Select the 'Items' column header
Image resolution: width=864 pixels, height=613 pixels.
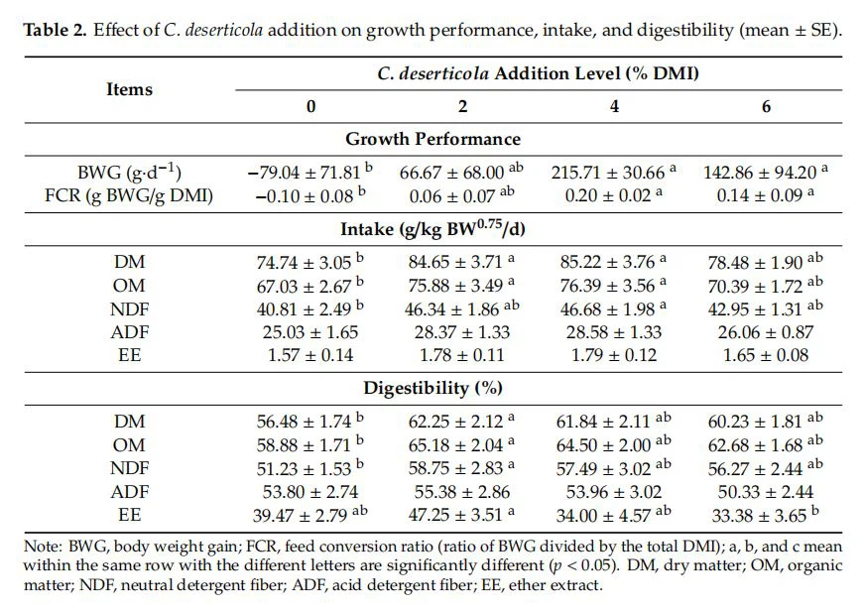[129, 89]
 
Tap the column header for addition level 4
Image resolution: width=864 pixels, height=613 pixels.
[614, 106]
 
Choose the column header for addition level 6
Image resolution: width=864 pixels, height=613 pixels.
[766, 106]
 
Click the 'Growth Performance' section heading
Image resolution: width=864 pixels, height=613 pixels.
[432, 139]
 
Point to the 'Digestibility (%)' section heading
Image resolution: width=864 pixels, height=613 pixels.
[432, 387]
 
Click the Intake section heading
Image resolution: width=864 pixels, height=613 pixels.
[432, 230]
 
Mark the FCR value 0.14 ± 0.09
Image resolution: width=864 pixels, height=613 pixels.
[759, 194]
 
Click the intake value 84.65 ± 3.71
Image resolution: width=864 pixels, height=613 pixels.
[455, 263]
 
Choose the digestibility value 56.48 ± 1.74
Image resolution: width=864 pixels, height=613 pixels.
[303, 421]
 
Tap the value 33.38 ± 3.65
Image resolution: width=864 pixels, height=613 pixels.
[759, 512]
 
